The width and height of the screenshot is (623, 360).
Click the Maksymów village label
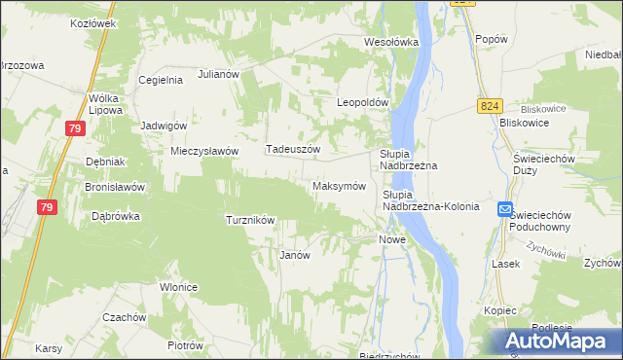[x=339, y=186]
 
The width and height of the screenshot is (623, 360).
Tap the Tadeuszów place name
[x=293, y=149]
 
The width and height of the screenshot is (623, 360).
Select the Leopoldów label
[x=362, y=102]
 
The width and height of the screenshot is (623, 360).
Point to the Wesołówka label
[x=390, y=42]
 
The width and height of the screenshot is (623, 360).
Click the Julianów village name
[x=219, y=74]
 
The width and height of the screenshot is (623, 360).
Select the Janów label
[x=294, y=255]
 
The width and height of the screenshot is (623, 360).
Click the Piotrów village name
[x=185, y=345]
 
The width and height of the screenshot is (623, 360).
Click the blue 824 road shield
[x=489, y=105]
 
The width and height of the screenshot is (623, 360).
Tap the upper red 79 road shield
[x=77, y=127]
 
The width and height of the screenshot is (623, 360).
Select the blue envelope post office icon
[x=505, y=209]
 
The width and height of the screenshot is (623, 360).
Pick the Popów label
[x=492, y=39]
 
